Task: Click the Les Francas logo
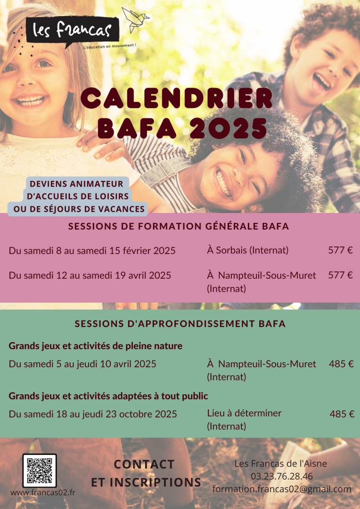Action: click(x=72, y=32)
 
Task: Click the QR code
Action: click(x=40, y=470)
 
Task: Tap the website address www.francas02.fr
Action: click(x=43, y=493)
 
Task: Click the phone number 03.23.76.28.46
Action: click(x=281, y=476)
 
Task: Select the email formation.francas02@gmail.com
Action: click(x=281, y=489)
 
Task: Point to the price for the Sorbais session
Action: click(x=340, y=250)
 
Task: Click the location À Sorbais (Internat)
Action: click(x=247, y=250)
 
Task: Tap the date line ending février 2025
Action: click(x=92, y=251)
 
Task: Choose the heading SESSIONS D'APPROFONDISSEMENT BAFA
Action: click(x=180, y=324)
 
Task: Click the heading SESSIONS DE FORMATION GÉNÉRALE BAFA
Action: click(x=179, y=226)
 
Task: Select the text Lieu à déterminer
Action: click(x=244, y=413)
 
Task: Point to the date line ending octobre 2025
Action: click(x=93, y=414)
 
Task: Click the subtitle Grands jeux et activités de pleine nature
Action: click(x=95, y=346)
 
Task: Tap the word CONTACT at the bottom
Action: click(x=144, y=464)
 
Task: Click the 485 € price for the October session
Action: click(x=342, y=414)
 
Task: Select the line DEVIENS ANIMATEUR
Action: click(x=76, y=184)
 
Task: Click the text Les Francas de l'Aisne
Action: click(x=280, y=464)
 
